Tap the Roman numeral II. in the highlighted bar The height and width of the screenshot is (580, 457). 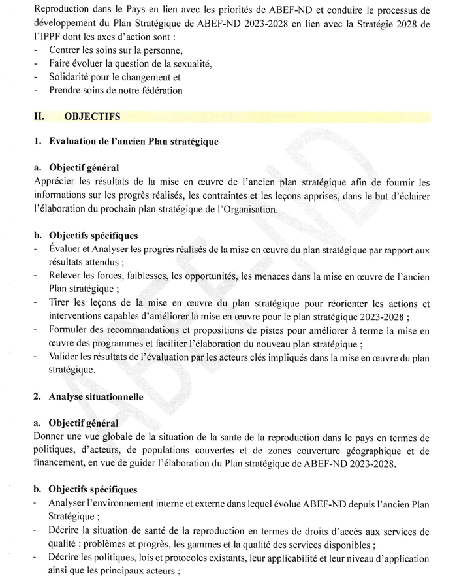[x=39, y=117]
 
